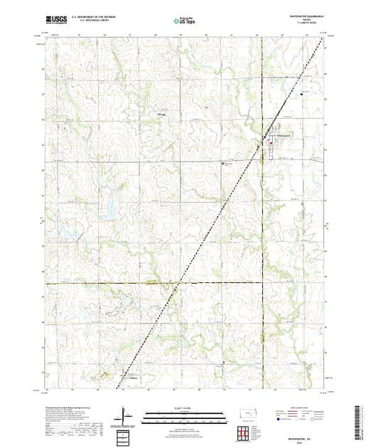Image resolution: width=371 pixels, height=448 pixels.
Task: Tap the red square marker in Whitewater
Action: pos(270,144)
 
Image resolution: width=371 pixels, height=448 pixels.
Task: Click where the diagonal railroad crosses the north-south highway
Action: pos(260,145)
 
